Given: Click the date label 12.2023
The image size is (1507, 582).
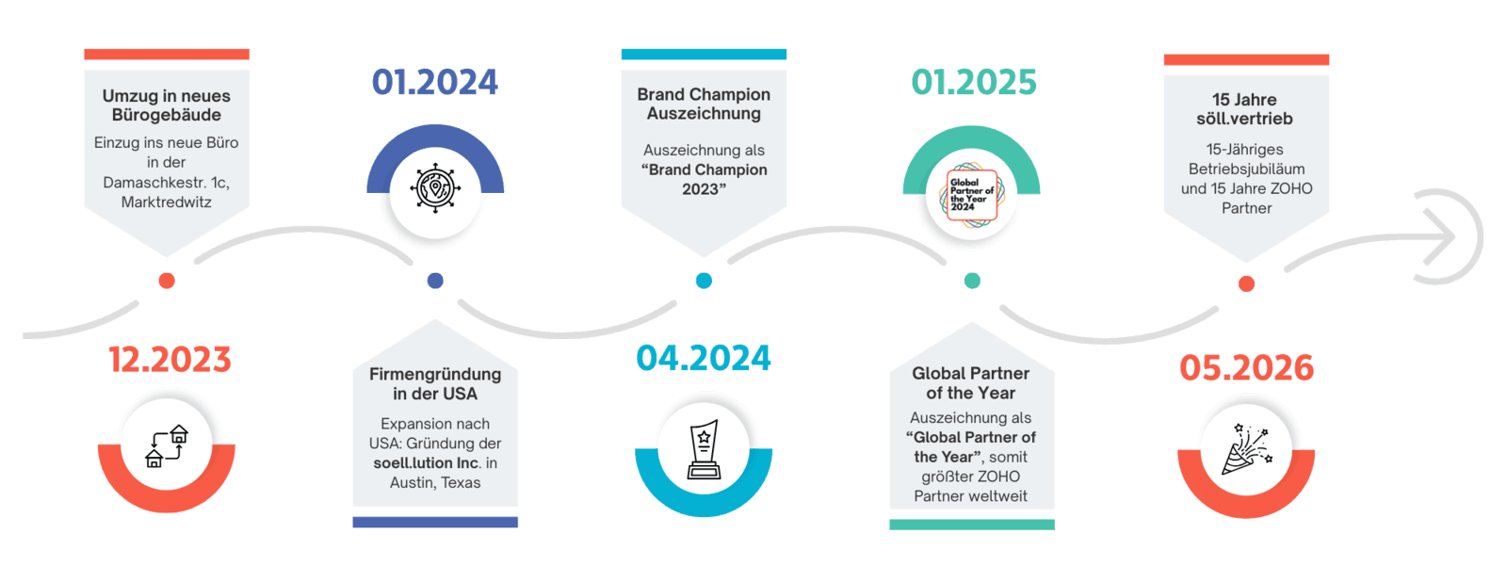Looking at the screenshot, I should [x=170, y=360].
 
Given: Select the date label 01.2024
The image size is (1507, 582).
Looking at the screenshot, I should [x=434, y=83].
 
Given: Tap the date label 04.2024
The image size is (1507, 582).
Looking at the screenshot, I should [x=704, y=358].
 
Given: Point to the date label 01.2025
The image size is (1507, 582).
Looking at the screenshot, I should [x=973, y=83].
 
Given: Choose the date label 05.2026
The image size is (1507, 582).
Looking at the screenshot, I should [x=1246, y=367].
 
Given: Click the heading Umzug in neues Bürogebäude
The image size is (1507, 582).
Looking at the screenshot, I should [x=167, y=105].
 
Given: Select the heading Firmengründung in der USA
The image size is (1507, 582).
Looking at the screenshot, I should [x=435, y=383].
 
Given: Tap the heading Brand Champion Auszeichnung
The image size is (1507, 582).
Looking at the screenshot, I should [x=704, y=104].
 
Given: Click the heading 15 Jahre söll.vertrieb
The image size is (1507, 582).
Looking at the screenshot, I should [x=1245, y=109].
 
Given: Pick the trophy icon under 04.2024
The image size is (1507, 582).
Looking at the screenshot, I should [x=704, y=449].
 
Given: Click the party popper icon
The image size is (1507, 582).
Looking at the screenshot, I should [x=1246, y=448].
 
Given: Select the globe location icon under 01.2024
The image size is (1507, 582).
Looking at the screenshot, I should [x=435, y=186].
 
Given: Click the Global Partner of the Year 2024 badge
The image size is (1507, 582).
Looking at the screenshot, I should [x=972, y=195].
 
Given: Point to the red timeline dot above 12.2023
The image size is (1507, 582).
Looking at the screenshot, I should [x=167, y=281].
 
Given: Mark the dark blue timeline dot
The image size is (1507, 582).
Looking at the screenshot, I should [x=435, y=281].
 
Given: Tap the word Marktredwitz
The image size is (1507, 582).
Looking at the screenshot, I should [x=167, y=202].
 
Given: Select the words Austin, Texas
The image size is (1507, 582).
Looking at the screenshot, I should [x=435, y=483].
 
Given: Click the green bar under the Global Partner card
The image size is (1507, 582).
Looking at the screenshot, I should [x=971, y=525].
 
